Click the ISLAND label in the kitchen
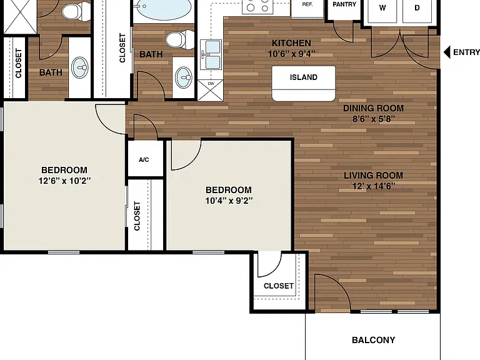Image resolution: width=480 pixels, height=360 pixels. coord(303,77)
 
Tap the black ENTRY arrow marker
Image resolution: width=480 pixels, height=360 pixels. coord(447,52)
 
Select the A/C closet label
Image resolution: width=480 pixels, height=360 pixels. coord(144,159)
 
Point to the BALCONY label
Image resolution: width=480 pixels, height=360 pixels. coord(373,340)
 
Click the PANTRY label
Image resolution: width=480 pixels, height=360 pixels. coord(344,4)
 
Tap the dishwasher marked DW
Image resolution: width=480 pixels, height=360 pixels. coord(210,90)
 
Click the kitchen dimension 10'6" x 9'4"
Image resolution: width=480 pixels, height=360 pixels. coord(291,54)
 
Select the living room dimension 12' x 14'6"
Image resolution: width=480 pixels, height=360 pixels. coord(373,186)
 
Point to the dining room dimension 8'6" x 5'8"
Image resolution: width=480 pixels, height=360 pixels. coord(373,119)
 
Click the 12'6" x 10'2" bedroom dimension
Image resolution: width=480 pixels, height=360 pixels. coord(64,181)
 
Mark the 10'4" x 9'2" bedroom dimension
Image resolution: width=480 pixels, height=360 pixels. coord(229,201)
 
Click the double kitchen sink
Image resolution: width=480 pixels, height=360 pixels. coord(211,54)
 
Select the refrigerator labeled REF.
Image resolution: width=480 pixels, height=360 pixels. coord(307,9)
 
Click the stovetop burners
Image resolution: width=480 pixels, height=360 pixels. coord(257,6)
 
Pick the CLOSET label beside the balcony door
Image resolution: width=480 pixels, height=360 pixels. coord(279,286)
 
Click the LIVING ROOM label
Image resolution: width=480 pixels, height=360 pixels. coord(373,176)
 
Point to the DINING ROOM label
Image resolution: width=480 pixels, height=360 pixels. coord(373,108)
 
